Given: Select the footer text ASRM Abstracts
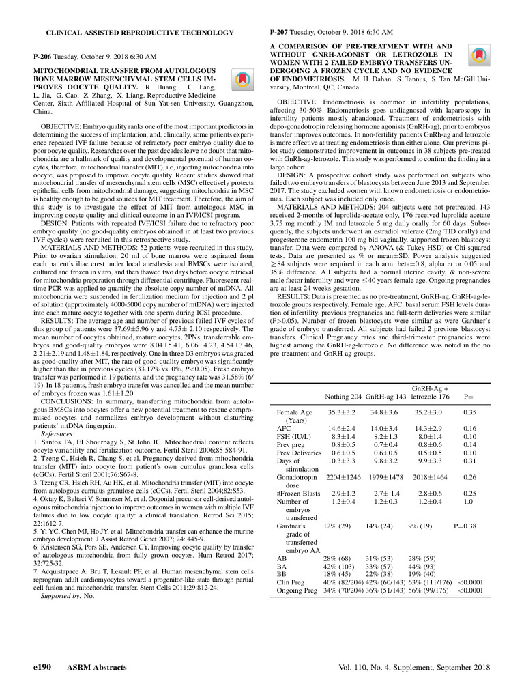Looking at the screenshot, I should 91,666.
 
